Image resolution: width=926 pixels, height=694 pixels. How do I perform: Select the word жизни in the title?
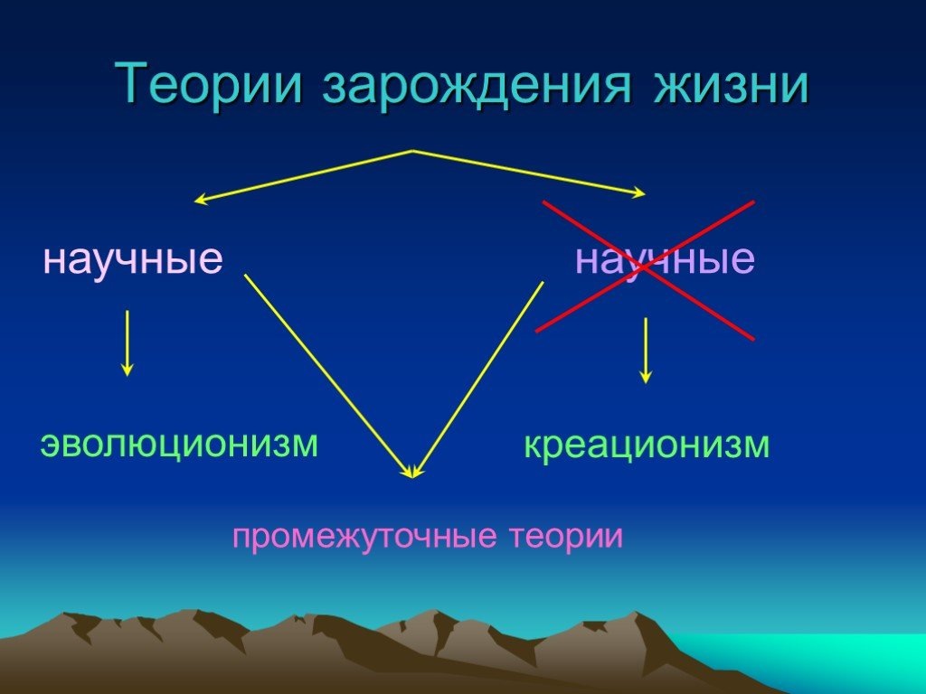coord(724,86)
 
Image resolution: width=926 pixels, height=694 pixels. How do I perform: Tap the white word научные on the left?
coord(133,260)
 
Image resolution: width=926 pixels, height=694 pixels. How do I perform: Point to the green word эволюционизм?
coord(179,444)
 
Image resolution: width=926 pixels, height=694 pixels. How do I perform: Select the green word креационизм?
coord(647,445)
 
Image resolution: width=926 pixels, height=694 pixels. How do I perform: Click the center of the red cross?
coord(645,269)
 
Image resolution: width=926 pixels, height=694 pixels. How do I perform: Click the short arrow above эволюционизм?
coord(128,342)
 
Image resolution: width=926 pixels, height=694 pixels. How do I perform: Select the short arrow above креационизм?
coord(645,350)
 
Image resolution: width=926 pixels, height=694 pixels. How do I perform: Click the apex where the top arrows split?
coord(413,151)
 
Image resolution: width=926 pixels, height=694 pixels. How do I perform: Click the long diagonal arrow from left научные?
coord(326,371)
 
